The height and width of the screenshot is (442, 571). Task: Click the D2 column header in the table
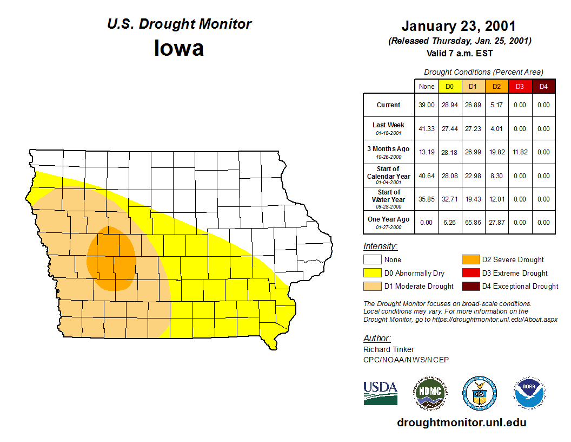point(496,86)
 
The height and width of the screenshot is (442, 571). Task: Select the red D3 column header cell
point(520,86)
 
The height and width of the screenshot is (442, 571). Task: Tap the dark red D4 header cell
point(543,86)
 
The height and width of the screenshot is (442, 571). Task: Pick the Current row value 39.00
point(427,105)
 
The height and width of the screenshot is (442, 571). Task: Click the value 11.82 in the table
point(520,152)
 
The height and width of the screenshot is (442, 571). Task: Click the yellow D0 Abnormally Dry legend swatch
point(372,273)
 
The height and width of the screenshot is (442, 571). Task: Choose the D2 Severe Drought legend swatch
point(470,260)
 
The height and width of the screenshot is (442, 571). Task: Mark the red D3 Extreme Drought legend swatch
point(470,273)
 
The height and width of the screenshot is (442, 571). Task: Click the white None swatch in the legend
point(372,260)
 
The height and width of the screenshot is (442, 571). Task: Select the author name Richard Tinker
point(389,349)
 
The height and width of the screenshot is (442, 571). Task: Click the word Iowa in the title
point(179,48)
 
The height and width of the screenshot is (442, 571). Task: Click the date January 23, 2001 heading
point(459,26)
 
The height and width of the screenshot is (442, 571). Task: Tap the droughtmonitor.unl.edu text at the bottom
point(461,422)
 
